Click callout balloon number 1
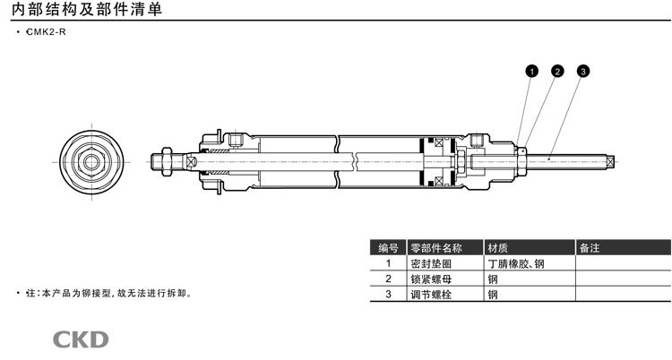click(x=531, y=71)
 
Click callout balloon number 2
click(x=556, y=71)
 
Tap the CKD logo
click(x=81, y=339)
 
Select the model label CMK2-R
click(x=47, y=33)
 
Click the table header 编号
click(x=388, y=248)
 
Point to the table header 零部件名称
click(x=435, y=248)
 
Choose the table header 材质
click(x=497, y=248)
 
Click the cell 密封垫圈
click(x=431, y=263)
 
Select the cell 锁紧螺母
click(x=431, y=279)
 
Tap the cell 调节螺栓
click(x=431, y=294)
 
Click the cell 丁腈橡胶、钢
click(x=516, y=263)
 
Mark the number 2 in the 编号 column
click(x=388, y=279)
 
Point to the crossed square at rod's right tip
click(x=611, y=161)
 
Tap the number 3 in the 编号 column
click(x=388, y=294)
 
